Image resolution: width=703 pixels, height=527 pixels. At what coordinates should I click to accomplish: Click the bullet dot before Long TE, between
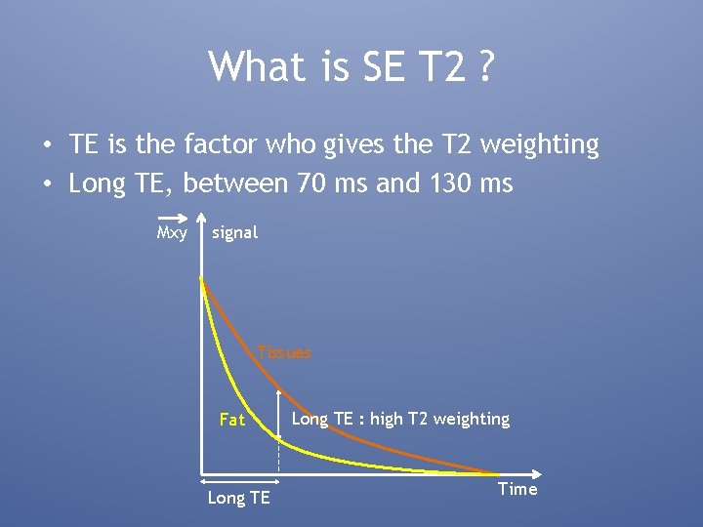pyautogui.click(x=47, y=183)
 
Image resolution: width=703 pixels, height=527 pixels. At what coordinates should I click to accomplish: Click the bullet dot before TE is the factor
pyautogui.click(x=47, y=146)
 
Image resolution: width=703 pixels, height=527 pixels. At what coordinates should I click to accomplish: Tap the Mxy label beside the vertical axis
pyautogui.click(x=173, y=232)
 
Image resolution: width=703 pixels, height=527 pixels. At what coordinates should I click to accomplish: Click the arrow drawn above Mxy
pyautogui.click(x=173, y=218)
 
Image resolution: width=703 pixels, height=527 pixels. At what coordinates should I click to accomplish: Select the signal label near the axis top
pyautogui.click(x=235, y=232)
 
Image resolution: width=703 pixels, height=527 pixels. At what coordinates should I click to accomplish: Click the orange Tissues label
pyautogui.click(x=284, y=352)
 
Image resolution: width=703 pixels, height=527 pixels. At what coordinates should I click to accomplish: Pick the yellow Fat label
pyautogui.click(x=232, y=420)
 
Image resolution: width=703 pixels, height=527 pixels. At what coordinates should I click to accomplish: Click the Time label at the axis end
pyautogui.click(x=517, y=489)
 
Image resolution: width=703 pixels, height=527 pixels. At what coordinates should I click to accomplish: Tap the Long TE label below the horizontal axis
pyautogui.click(x=238, y=498)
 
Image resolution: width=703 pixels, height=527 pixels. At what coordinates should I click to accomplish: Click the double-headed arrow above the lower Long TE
pyautogui.click(x=240, y=479)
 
